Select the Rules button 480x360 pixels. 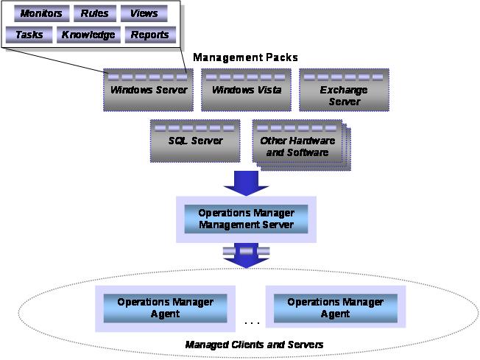pos(96,14)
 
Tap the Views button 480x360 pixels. pos(144,14)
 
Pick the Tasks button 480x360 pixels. pos(29,35)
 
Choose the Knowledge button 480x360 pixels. pos(88,35)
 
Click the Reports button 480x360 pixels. pos(149,35)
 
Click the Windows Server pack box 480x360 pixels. pos(149,90)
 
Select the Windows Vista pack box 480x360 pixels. pos(246,90)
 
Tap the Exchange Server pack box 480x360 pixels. pos(344,90)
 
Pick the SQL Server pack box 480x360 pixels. pos(197,140)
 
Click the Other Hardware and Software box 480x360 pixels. pos(297,141)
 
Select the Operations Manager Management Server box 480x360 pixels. pos(246,218)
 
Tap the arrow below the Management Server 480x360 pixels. pos(246,255)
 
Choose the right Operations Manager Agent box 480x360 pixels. pos(335,308)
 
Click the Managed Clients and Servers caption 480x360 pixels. pos(254,345)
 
